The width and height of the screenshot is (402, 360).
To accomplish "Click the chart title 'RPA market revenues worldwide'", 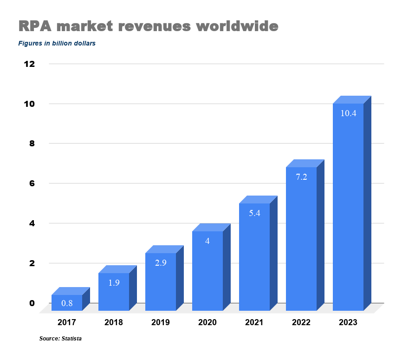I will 148,26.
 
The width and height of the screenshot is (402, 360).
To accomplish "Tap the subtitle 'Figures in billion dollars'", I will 57,44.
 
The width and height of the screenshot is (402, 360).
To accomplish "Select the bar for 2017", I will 67,302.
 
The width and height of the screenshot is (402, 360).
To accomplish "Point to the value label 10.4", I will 348,113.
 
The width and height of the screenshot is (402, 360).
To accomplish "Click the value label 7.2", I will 301,177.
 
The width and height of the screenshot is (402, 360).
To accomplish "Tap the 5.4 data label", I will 254,214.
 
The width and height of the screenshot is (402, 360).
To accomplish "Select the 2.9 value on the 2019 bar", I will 161,262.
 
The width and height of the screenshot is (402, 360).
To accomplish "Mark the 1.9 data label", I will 114,282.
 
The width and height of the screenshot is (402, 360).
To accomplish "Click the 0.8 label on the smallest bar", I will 67,303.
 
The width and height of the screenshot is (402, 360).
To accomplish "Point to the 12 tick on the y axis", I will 29,64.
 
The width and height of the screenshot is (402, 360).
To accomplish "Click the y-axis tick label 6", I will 32,183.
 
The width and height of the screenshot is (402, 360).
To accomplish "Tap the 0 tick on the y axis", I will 32,303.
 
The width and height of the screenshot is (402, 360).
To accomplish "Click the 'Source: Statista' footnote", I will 60,339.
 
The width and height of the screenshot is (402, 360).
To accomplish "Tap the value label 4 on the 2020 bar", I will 207,241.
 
